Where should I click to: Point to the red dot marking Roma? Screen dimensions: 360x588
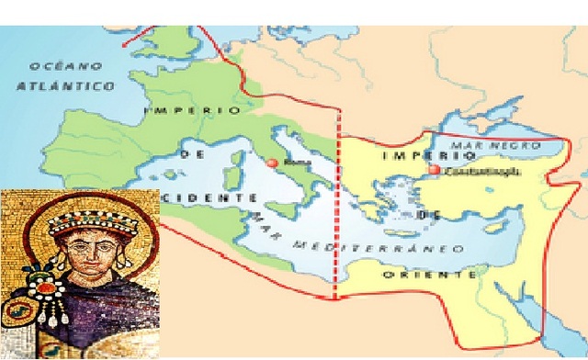[272, 162]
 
